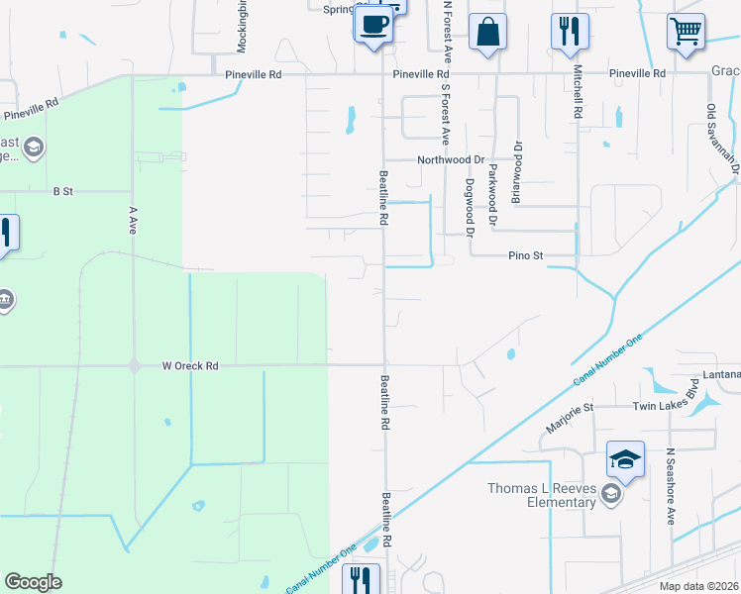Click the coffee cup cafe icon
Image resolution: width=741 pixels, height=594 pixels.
tap(373, 25)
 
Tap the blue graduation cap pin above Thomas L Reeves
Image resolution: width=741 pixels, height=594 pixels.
tap(625, 459)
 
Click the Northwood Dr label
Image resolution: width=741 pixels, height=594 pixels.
tap(450, 158)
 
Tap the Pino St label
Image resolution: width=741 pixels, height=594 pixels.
tap(526, 255)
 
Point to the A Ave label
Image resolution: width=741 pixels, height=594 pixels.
tap(132, 220)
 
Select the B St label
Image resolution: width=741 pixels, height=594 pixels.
tap(63, 190)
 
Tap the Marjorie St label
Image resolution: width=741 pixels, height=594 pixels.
tap(569, 415)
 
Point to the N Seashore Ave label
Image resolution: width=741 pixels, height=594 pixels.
tap(671, 485)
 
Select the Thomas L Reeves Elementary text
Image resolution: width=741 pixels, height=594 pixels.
tap(541, 495)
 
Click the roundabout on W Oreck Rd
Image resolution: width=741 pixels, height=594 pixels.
tap(134, 366)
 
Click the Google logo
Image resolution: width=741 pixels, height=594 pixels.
tap(33, 582)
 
